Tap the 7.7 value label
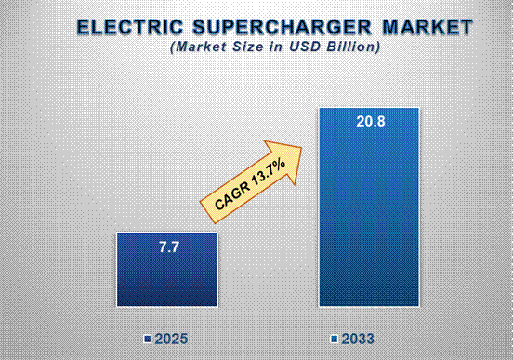pyautogui.click(x=166, y=247)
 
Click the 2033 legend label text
pyautogui.click(x=359, y=337)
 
